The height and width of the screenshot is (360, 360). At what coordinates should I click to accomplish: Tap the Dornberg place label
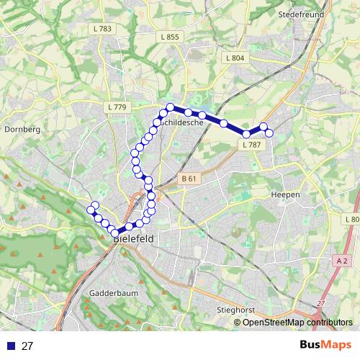[x=21, y=130]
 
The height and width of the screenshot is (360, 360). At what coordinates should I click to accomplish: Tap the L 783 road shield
[x=103, y=29]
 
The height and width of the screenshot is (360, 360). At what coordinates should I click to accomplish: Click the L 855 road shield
[x=170, y=37]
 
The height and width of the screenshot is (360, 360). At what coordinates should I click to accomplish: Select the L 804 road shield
[x=235, y=58]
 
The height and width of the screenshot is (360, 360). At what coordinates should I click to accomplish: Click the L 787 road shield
[x=251, y=145]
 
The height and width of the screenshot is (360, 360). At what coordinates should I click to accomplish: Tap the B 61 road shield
[x=189, y=178]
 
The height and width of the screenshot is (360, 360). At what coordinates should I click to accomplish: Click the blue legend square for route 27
[x=10, y=346]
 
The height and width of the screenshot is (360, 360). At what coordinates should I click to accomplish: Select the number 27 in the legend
[x=27, y=346]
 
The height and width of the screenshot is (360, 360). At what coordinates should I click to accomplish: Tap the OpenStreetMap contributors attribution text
[x=297, y=323]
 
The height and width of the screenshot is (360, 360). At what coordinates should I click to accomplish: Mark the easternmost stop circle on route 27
[x=269, y=132]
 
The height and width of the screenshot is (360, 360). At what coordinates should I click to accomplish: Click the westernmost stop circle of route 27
[x=91, y=210]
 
